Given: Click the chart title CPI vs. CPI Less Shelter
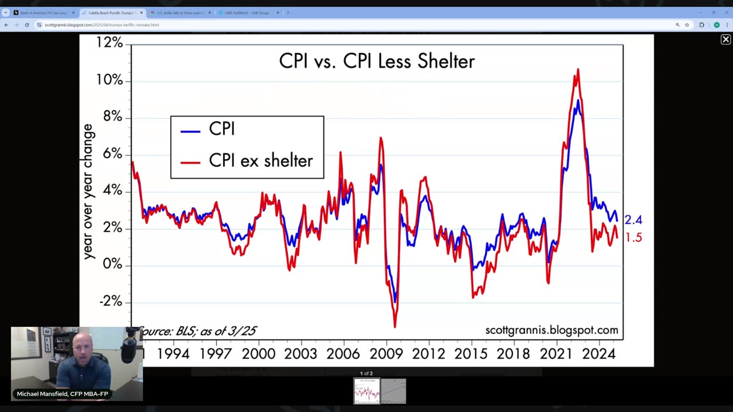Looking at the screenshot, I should [377, 61].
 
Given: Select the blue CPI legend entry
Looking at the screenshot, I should [222, 129].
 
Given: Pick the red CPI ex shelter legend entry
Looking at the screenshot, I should [261, 161].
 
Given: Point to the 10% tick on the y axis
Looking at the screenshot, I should [109, 80].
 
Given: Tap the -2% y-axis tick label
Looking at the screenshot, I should [111, 302].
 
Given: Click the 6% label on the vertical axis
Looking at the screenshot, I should [112, 154].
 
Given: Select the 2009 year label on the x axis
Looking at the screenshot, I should [386, 354].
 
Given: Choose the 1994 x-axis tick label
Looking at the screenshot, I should [173, 354].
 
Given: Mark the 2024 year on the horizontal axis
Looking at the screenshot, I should [598, 354].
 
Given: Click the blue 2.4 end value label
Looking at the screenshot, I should [633, 220].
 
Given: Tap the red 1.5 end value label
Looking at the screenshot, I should [633, 237].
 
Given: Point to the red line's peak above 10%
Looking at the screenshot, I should [578, 70].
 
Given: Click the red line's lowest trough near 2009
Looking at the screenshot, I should [395, 326].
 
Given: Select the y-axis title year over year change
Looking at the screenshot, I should [88, 192].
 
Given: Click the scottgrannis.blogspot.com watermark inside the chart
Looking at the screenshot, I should [551, 330].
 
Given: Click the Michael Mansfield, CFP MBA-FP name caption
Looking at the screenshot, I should [62, 394].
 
